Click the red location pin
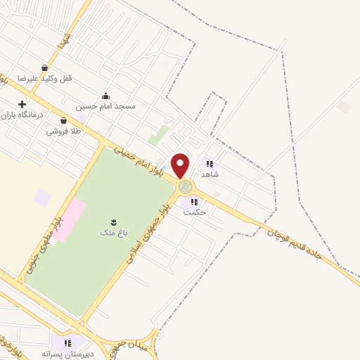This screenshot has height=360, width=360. [181, 165]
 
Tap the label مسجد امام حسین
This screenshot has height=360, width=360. [105, 106]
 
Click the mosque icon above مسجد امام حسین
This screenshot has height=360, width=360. [105, 96]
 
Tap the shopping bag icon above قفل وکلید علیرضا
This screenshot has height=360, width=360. [45, 68]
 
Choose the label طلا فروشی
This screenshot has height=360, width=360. [63, 131]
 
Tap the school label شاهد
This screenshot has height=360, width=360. [210, 174]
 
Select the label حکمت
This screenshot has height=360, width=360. [193, 212]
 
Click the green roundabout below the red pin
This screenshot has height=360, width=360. [185, 187]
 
